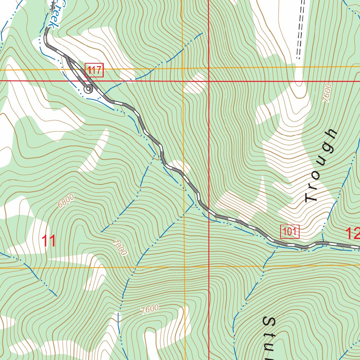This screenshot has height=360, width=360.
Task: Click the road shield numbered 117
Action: (95, 70)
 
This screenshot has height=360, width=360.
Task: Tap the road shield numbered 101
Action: (289, 231)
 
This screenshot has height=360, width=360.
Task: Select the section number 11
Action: (49, 242)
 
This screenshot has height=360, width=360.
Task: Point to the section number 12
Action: (353, 233)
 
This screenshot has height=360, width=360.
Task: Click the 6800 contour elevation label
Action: (66, 201)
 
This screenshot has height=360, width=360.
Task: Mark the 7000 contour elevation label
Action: (120, 247)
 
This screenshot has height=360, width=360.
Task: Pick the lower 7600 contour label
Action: (149, 309)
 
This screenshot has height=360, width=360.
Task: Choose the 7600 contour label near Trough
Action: (327, 93)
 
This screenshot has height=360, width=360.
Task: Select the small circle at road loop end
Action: (88, 90)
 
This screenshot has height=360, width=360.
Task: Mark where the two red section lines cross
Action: (209, 81)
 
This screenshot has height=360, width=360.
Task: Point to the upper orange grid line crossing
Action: (182, 68)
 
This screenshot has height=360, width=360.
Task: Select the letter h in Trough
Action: (332, 135)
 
